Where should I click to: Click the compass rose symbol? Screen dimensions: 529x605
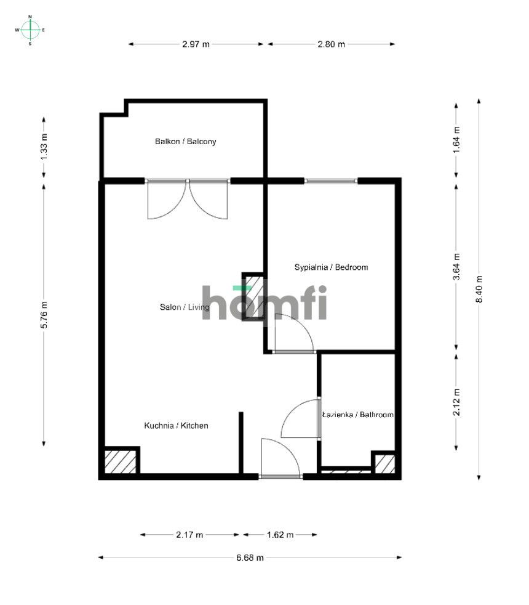point(30,30)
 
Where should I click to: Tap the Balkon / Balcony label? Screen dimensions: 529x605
point(185,142)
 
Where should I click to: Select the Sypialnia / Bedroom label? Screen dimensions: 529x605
point(331,267)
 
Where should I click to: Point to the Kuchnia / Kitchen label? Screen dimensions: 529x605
point(176,426)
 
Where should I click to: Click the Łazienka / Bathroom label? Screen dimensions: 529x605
point(358,415)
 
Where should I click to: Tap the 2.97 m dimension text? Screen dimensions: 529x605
point(196,44)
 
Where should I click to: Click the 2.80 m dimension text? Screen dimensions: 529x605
point(331,44)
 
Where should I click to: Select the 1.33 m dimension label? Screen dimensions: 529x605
point(44,147)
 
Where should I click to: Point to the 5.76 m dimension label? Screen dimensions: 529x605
point(44,315)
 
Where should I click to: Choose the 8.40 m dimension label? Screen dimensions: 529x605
point(479,288)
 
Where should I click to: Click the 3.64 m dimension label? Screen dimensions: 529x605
point(456,267)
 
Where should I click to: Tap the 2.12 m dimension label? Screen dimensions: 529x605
point(456,402)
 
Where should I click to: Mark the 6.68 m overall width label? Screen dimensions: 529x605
point(250,558)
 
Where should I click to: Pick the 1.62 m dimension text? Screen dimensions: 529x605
point(280,535)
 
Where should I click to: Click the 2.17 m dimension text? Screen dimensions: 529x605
point(189,535)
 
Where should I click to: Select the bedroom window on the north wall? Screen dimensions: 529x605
point(331,181)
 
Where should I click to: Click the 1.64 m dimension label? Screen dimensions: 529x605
point(456,139)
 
